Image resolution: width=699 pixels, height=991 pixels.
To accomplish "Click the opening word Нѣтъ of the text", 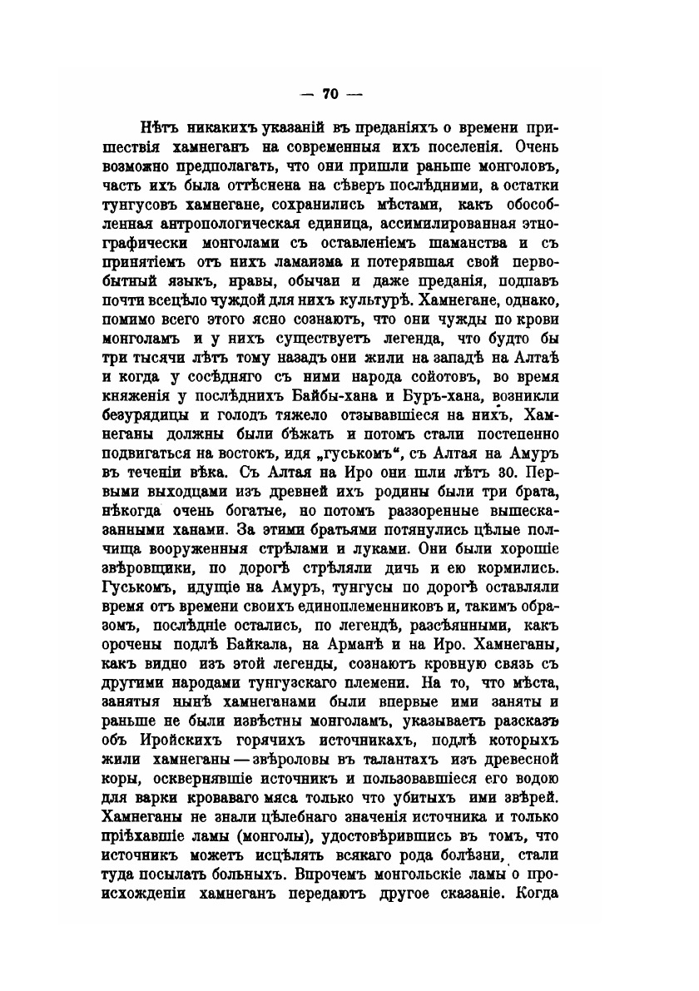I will [x=146, y=130].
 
